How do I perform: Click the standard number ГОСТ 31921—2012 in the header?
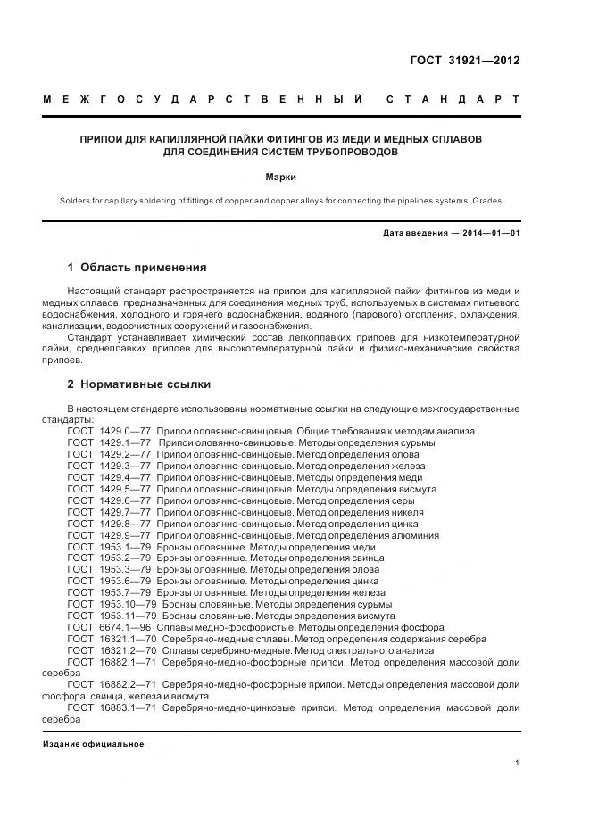click(x=463, y=62)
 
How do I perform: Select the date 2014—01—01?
click(x=486, y=233)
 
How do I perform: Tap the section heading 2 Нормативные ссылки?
click(x=139, y=384)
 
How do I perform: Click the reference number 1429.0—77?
click(x=125, y=431)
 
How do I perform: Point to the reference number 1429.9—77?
click(x=125, y=535)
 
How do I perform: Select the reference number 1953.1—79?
click(x=125, y=547)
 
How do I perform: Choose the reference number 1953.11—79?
click(x=128, y=616)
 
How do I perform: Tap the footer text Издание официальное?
click(x=93, y=744)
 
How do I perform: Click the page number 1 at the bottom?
click(x=517, y=763)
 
